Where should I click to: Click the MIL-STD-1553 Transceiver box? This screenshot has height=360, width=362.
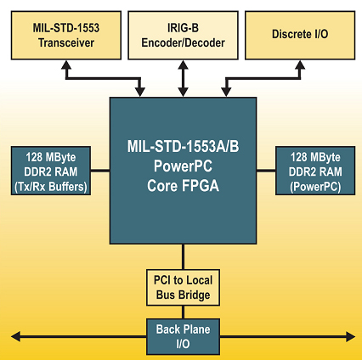[x=66, y=36]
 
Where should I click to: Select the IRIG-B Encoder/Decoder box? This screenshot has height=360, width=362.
[x=183, y=36]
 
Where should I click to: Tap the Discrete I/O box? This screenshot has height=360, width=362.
[x=300, y=36]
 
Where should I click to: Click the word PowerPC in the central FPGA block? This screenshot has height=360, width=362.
[x=183, y=166]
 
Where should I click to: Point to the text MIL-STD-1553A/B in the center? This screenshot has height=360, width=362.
[x=183, y=146]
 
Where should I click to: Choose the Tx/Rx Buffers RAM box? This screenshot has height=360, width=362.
[x=51, y=171]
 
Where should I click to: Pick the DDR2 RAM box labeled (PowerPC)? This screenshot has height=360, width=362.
[x=315, y=171]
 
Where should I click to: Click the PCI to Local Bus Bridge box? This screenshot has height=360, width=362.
[x=183, y=288]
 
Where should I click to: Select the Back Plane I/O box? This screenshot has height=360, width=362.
[x=183, y=336]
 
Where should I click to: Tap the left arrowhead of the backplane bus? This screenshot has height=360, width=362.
[x=15, y=337]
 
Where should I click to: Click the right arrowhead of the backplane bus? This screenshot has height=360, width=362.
[x=351, y=337]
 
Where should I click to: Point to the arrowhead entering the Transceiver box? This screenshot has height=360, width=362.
[x=66, y=65]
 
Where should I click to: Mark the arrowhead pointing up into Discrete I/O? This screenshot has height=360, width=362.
[x=300, y=65]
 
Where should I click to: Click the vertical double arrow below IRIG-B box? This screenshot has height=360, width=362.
[x=183, y=78]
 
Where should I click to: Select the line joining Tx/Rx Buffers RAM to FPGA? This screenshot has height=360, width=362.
[x=100, y=171]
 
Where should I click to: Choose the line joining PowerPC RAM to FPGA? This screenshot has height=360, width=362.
[x=266, y=171]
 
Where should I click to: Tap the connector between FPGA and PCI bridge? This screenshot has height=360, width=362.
[x=183, y=256]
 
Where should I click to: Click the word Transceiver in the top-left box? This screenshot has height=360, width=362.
[x=66, y=43]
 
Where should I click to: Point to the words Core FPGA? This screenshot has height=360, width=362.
[x=183, y=186]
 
